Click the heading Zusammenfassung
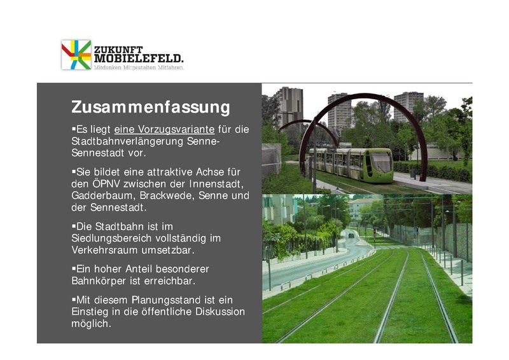pyautogui.click(x=150, y=106)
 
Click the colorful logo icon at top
pyautogui.click(x=76, y=54)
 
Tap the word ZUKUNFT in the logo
pyautogui.click(x=118, y=49)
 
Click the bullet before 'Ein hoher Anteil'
pyautogui.click(x=73, y=268)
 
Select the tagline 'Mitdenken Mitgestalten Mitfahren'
pyautogui.click(x=139, y=67)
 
